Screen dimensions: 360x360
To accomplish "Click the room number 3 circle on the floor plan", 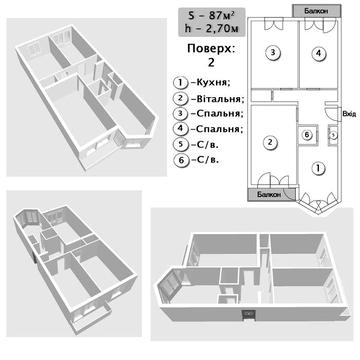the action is coord(273,52).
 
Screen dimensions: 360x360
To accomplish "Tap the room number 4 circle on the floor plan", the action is coord(319,53).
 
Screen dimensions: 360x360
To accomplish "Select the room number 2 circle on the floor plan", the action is coord(270,142).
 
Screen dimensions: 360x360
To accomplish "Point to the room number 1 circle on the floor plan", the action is coord(318,168).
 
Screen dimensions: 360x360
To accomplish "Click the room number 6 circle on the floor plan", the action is coord(307,135).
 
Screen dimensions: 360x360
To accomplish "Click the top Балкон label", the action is coord(316,11).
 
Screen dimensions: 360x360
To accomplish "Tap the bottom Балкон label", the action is coord(270,194).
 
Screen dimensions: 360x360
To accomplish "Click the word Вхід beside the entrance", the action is coord(349,114).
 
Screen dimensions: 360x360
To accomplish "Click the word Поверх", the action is coord(211,49).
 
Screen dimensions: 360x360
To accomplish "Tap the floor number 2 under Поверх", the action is coord(211,63).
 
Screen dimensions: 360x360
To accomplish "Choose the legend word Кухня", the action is coord(213,82).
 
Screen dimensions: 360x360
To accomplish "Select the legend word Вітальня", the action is coord(220,98).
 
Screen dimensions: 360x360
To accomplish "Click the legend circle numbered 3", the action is coord(180,113).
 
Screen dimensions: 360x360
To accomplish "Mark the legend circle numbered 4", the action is coord(180,129).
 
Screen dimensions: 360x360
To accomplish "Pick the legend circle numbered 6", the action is coord(180,160).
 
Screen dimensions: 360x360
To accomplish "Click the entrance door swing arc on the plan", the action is coord(328,117).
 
